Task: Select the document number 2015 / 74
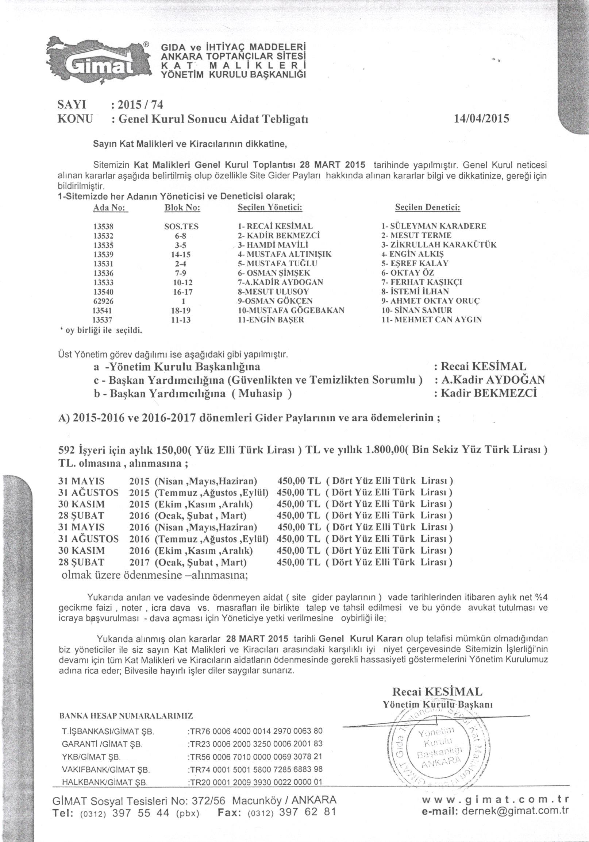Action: point(139,105)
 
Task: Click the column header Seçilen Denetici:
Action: point(428,208)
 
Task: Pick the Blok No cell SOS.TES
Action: point(181,226)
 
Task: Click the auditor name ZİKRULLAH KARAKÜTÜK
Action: point(439,245)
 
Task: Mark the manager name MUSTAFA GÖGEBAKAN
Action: point(292,310)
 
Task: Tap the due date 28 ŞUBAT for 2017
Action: point(81,563)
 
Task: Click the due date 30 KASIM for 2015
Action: point(81,504)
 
